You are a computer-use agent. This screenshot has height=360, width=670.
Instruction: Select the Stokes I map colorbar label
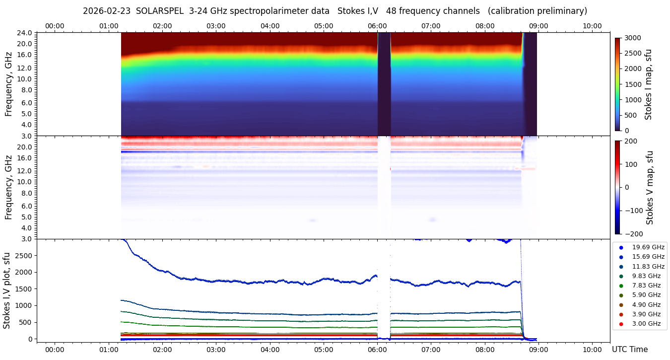648,84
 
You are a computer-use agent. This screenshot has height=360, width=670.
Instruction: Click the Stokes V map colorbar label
649,188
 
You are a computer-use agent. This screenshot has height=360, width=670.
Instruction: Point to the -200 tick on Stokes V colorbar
633,234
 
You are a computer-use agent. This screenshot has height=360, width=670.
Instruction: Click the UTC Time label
629,349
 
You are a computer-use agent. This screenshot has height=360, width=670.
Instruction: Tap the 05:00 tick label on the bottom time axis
324,349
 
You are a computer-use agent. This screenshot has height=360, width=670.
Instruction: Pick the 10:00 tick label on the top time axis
592,26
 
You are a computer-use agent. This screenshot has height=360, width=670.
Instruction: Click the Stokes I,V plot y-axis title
7,290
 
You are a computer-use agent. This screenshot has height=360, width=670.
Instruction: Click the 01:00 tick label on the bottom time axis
108,349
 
